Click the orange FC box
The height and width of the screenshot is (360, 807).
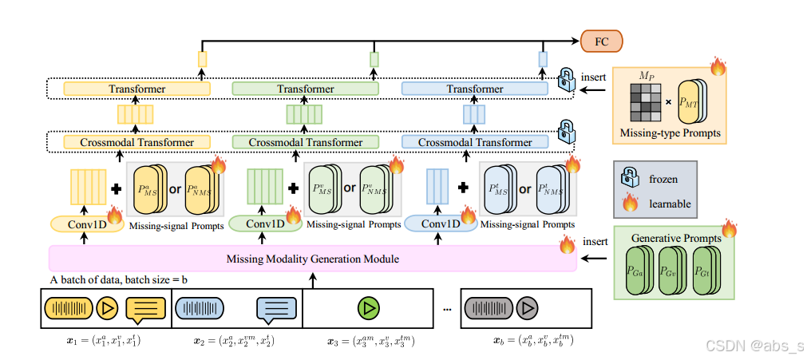tap(602, 42)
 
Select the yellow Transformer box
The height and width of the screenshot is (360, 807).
tap(137, 89)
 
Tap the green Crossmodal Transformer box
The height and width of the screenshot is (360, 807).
tap(306, 141)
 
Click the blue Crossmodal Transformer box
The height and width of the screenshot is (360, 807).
tap(474, 141)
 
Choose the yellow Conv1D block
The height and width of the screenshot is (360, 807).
tap(85, 224)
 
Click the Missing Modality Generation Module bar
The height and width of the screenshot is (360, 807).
tap(313, 259)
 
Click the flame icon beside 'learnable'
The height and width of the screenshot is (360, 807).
tap(631, 204)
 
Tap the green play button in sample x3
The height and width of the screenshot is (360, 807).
tap(368, 308)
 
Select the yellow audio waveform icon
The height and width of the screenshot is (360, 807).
tap(68, 308)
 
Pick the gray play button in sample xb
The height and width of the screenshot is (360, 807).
tap(528, 308)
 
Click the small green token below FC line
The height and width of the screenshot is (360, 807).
tap(374, 59)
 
